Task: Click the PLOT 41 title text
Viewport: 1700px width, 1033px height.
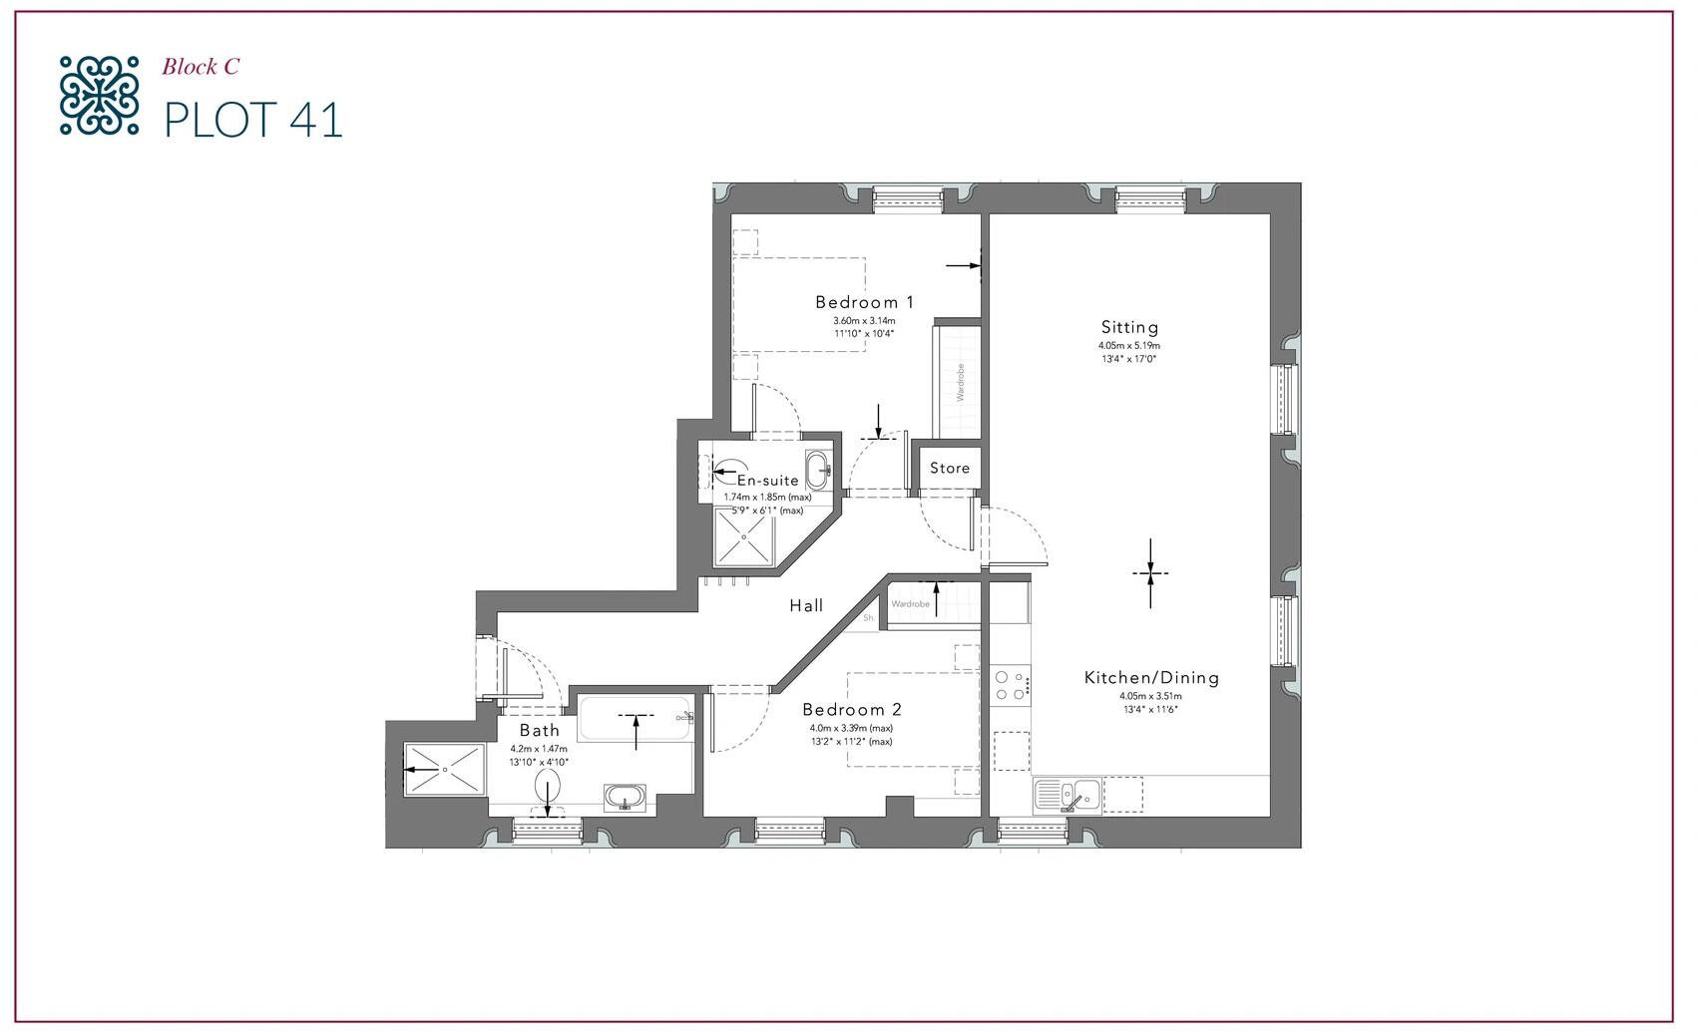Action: pos(253,120)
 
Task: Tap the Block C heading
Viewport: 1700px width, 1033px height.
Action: pos(201,67)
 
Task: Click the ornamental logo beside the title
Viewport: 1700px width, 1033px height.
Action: pos(98,95)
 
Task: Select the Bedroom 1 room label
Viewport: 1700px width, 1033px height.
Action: pos(864,302)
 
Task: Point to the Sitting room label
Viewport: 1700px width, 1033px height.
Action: pos(1129,327)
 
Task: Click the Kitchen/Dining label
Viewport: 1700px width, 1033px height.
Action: pos(1151,678)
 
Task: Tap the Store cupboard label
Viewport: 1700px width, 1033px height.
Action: pos(949,468)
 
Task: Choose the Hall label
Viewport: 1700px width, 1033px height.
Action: pos(806,605)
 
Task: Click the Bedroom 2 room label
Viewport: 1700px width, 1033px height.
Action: pos(851,710)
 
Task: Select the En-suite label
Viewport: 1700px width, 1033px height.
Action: pos(767,481)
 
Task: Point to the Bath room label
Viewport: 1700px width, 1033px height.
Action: pos(539,730)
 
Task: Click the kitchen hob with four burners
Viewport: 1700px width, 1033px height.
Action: pos(1011,685)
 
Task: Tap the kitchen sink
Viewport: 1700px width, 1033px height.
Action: pos(1066,796)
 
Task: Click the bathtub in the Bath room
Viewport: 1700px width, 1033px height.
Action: pos(637,719)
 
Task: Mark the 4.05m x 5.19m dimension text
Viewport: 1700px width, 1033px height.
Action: pos(1129,346)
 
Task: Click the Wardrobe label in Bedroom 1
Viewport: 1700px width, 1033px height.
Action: pos(960,382)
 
